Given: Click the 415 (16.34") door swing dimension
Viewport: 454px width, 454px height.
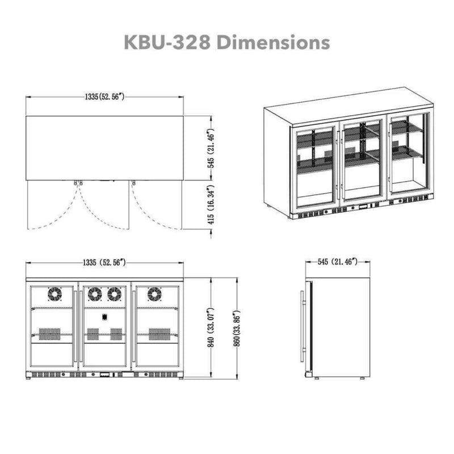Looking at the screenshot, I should (x=209, y=205).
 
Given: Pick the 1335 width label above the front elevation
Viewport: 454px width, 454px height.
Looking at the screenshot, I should (x=104, y=263).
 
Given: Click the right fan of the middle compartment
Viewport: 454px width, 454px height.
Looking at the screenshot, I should (x=114, y=295).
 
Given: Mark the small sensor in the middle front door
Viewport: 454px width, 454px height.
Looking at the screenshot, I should (x=104, y=318).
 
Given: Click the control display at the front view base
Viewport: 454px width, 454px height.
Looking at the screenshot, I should (x=106, y=375).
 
